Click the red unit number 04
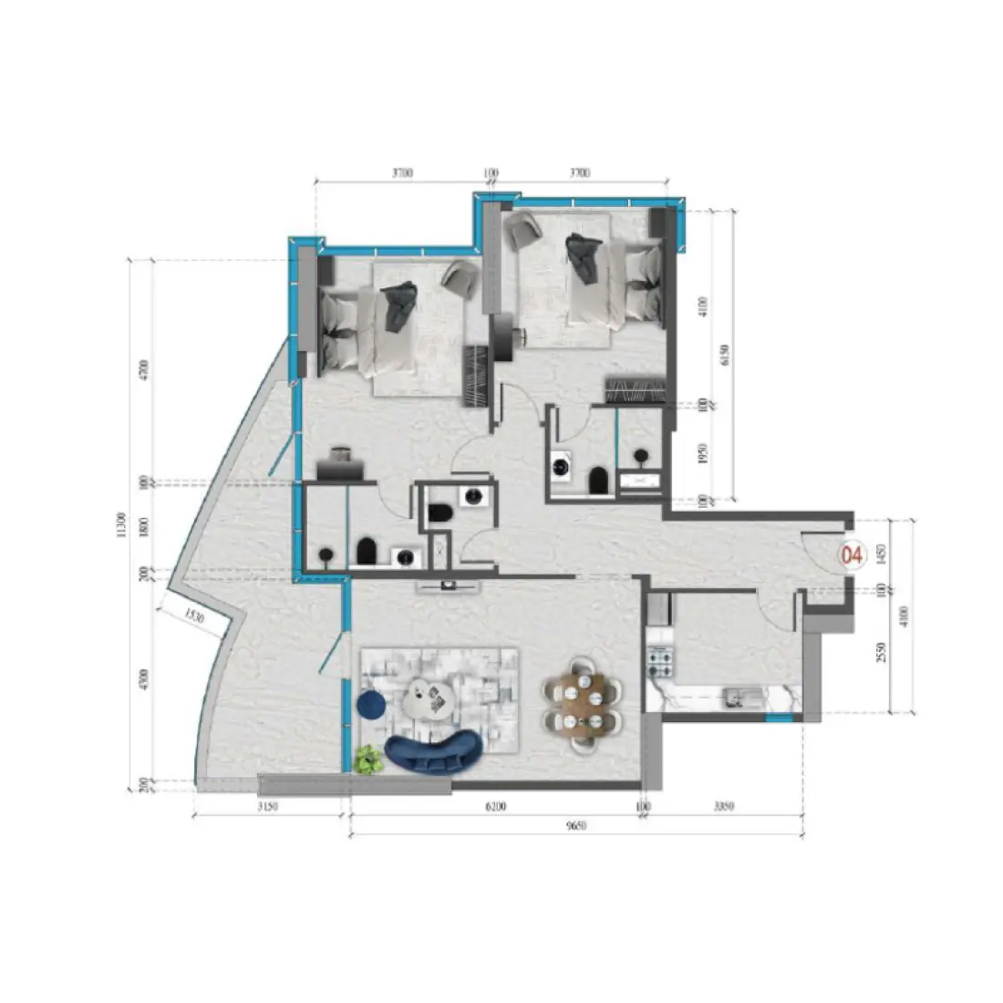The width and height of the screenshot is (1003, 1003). coord(853,553)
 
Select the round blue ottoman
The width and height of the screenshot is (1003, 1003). coord(370,704)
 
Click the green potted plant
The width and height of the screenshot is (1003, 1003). coord(367,759)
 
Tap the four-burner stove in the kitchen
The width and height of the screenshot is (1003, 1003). coord(659,655)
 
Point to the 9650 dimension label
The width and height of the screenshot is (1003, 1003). coord(574,826)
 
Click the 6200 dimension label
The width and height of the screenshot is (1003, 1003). coord(496,807)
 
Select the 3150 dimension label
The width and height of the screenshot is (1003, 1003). coord(267,807)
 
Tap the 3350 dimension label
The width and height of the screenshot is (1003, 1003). coord(723,807)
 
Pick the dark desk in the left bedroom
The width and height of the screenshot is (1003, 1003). coord(341,468)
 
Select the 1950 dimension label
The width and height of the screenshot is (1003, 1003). coord(703,453)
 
